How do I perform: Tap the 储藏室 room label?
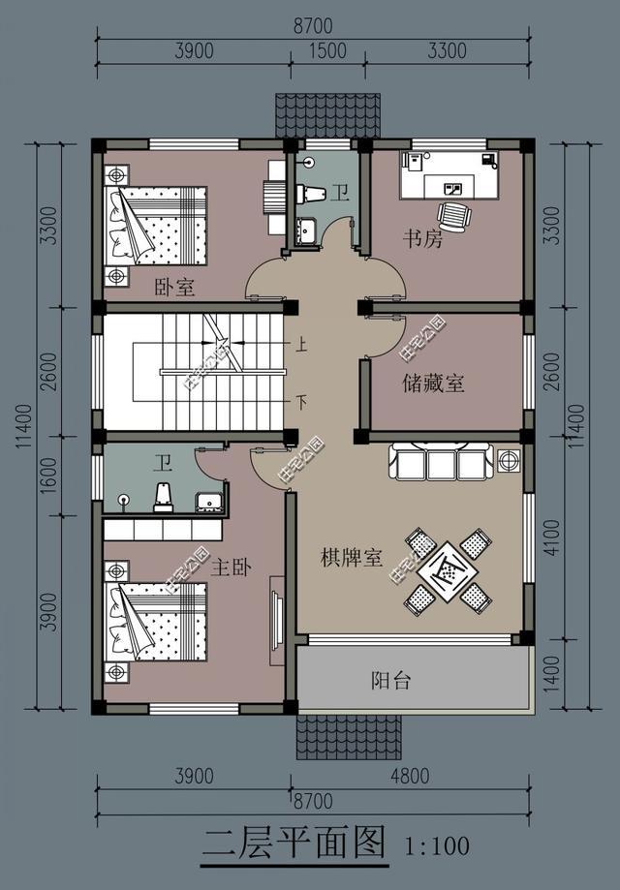pyautogui.click(x=433, y=384)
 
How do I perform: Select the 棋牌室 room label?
pyautogui.click(x=352, y=559)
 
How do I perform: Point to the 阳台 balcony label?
pyautogui.click(x=391, y=681)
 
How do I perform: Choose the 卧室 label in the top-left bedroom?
pyautogui.click(x=174, y=288)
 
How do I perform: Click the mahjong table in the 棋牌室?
pyautogui.click(x=447, y=571)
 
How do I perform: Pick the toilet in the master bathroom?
pyautogui.click(x=164, y=497)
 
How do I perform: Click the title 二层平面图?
pyautogui.click(x=294, y=842)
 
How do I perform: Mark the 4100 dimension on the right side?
pyautogui.click(x=551, y=536)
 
